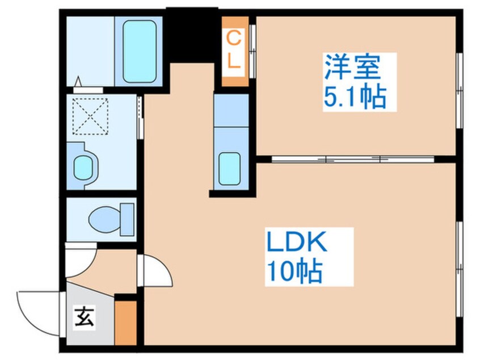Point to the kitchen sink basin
pos(231,168)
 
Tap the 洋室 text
pos(352,68)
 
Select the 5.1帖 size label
pos(355,97)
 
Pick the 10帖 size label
pos(292,273)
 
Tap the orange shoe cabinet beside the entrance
pos(126,323)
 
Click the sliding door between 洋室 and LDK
pos(352,159)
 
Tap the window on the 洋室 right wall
pos(459,91)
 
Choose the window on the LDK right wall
pos(459,250)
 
